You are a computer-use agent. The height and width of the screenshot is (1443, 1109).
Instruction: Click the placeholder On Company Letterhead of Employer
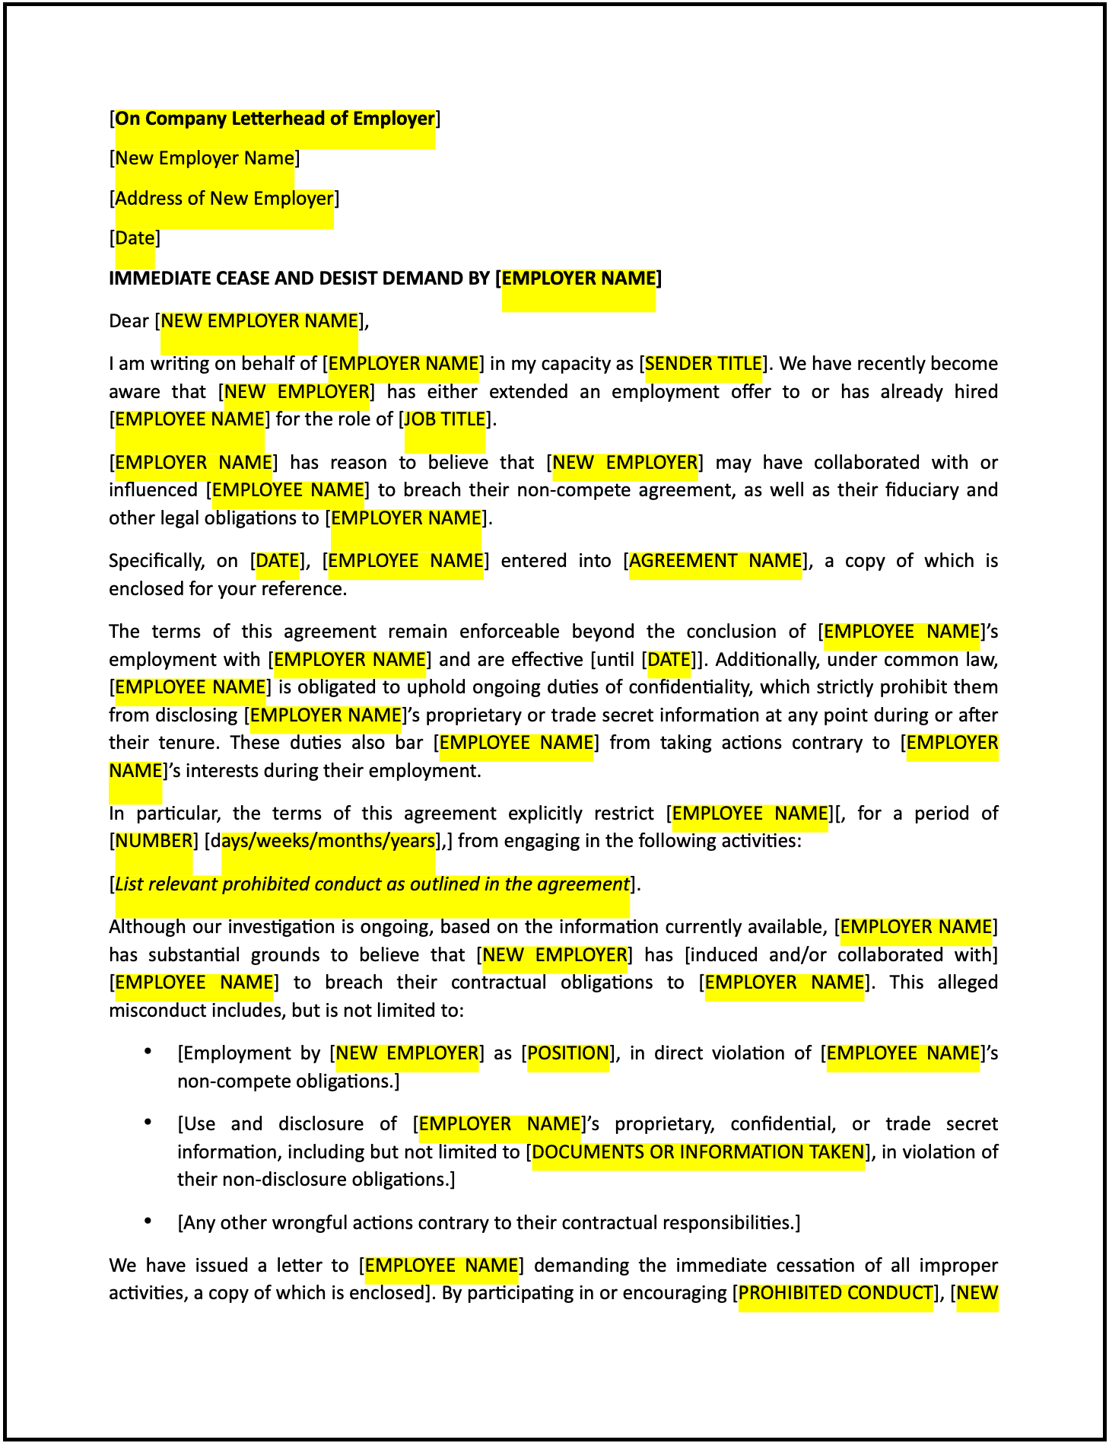(x=275, y=119)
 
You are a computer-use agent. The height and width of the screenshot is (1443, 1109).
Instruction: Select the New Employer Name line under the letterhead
(x=205, y=158)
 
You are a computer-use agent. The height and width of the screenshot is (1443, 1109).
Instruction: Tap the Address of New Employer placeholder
(x=224, y=199)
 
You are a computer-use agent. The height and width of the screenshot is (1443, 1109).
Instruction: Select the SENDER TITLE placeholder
(x=703, y=364)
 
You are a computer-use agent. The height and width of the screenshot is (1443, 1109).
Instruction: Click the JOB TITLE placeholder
(x=445, y=419)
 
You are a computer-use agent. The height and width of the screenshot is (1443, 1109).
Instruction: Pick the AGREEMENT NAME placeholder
(x=715, y=561)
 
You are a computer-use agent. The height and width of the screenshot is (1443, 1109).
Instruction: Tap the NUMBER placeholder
(x=154, y=841)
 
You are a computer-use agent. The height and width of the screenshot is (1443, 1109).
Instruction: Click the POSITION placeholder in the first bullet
(x=568, y=1053)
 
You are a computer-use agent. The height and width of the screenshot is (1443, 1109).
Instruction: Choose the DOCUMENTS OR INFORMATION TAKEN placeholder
(x=698, y=1152)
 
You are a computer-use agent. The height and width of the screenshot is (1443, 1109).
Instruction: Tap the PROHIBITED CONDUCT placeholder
(x=835, y=1293)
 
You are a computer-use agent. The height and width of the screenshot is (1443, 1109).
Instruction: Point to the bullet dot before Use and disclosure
(x=148, y=1123)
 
